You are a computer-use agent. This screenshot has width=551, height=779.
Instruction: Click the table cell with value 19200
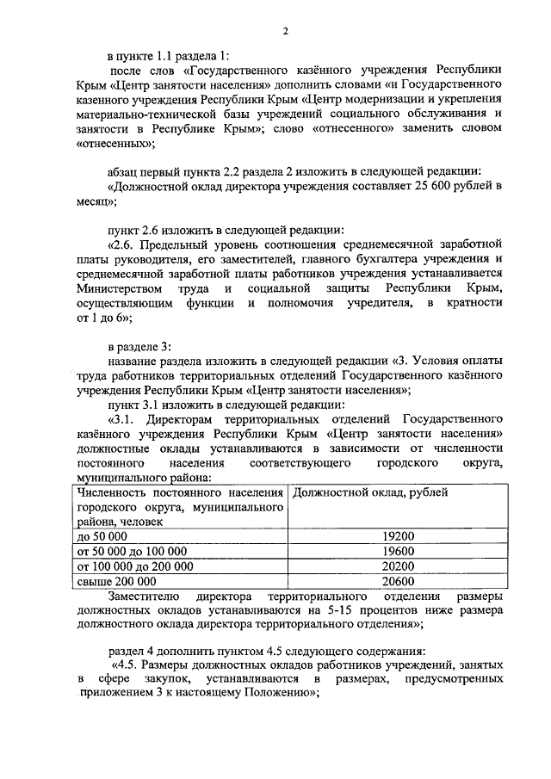point(399,535)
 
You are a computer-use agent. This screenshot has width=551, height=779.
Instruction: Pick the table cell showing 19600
point(399,551)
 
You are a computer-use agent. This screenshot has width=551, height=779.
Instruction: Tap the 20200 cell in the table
point(399,566)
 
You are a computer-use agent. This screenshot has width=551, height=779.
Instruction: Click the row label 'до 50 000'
point(102,535)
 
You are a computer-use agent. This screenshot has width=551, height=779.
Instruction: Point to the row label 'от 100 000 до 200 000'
point(135,566)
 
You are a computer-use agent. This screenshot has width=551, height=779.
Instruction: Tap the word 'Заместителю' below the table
point(143,596)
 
